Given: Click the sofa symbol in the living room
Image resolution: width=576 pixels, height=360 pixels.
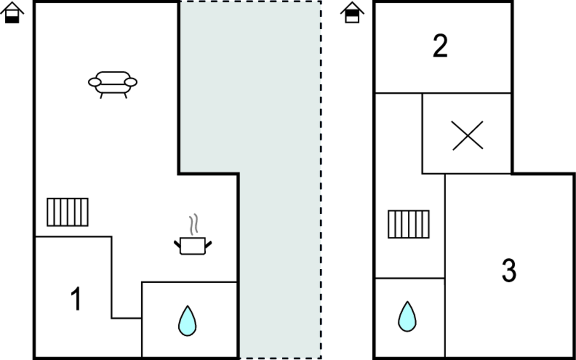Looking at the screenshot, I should click(112, 83).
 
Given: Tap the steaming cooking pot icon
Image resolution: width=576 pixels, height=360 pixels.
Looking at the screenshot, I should click(193, 245).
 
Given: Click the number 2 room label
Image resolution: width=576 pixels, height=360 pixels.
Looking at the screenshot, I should click(440, 46).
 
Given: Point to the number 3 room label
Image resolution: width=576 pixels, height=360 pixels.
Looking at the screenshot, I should click(508, 271).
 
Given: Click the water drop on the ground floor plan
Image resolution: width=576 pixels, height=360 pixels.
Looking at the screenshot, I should click(187, 321).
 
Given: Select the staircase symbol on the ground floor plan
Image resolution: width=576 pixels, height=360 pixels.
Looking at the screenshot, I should click(67, 212).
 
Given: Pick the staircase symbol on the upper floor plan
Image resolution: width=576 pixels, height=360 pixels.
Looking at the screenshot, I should click(408, 224).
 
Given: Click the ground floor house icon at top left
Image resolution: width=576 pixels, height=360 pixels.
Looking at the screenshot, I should click(12, 12).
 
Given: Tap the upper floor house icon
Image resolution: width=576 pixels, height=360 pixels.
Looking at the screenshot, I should click(352, 12).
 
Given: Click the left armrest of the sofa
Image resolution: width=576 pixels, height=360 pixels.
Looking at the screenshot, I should click(94, 82).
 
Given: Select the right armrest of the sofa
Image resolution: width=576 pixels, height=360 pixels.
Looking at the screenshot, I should click(130, 82).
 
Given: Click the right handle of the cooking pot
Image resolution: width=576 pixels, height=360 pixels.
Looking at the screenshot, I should click(209, 243).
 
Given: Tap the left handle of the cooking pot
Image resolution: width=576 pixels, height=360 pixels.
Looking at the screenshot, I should click(177, 243).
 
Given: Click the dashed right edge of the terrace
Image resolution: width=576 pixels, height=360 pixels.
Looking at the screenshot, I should click(321, 180).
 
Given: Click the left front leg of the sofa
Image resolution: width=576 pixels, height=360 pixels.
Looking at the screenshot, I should click(101, 96).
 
